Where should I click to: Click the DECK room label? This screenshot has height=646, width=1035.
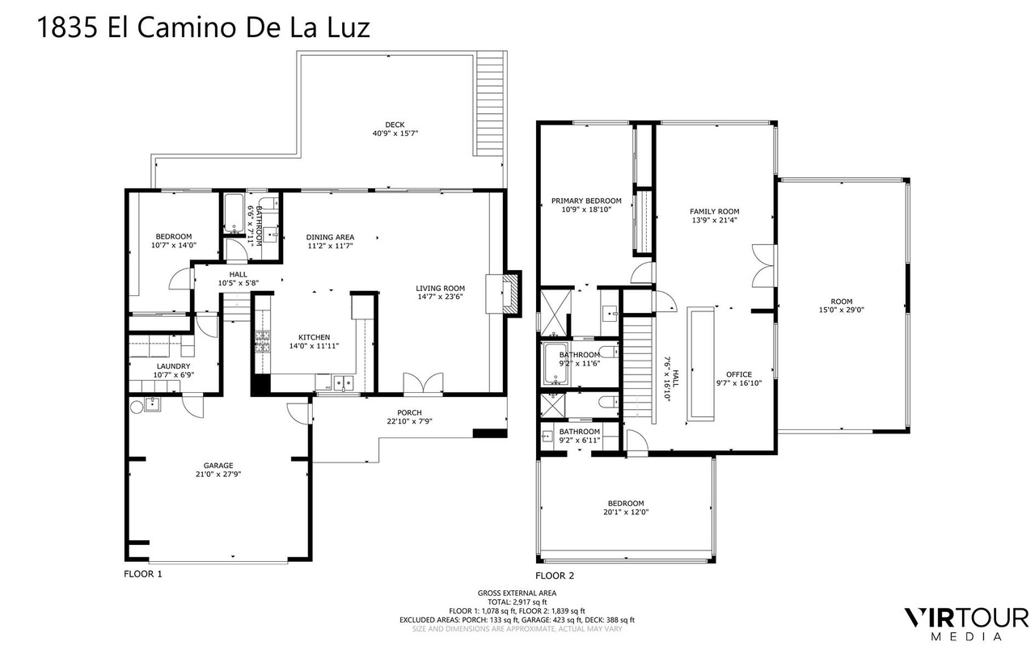point(395,125)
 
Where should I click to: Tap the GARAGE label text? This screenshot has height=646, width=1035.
point(218,466)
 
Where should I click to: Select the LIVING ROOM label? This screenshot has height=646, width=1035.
point(441,289)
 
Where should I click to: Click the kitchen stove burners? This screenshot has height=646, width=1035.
point(263,342)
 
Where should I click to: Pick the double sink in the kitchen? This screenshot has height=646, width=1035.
point(344,382)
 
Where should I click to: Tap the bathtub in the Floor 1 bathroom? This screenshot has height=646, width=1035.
point(234,213)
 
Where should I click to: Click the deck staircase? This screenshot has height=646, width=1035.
point(489,103)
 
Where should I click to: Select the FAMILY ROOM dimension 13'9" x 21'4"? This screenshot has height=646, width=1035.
point(714,221)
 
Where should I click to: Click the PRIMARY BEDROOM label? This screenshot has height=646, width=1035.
point(586,201)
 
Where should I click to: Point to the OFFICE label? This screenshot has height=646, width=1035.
point(739,374)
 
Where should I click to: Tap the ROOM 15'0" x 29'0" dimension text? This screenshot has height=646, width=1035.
point(842,310)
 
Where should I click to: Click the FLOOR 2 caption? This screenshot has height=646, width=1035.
point(555,576)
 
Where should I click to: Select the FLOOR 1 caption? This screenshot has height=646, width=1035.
point(143,574)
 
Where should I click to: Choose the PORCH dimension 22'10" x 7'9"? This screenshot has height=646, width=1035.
point(409,421)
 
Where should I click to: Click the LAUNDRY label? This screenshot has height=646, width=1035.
point(173,366)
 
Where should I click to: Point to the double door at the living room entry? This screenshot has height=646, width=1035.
point(423,383)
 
